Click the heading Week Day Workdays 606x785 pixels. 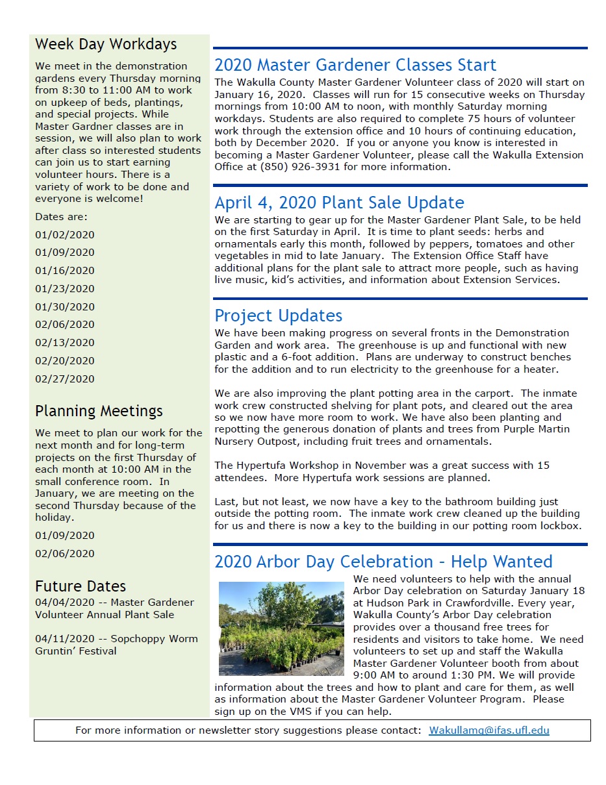(x=106, y=44)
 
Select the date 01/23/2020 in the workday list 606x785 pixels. (x=65, y=288)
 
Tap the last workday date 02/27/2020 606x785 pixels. (x=65, y=379)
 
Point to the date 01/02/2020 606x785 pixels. (x=65, y=234)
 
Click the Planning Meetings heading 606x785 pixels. (x=99, y=411)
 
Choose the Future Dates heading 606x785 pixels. (x=81, y=586)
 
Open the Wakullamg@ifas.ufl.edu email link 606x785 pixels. (x=489, y=730)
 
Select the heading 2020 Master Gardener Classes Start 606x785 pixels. (x=355, y=65)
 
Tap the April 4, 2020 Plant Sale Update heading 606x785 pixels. (x=339, y=203)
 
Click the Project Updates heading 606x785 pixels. (x=278, y=316)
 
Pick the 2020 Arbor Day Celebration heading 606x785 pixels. (x=383, y=562)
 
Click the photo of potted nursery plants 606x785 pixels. (x=281, y=628)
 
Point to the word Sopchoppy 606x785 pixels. (x=137, y=638)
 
